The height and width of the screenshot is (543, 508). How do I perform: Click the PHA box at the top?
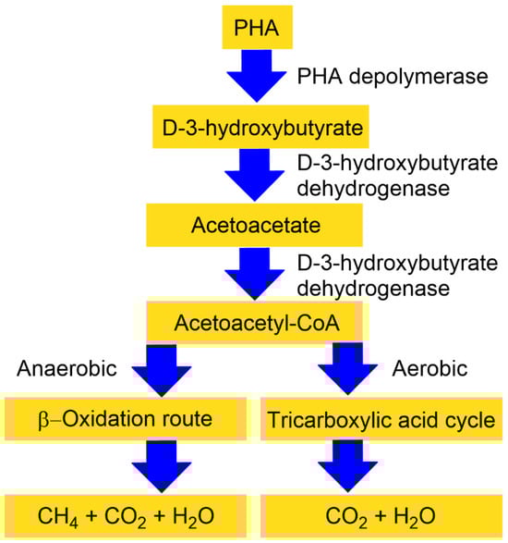click(253, 29)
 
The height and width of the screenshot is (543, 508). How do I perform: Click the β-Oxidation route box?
click(125, 419)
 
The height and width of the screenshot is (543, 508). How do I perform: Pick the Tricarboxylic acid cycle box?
click(382, 419)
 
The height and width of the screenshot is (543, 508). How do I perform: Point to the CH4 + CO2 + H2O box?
click(125, 514)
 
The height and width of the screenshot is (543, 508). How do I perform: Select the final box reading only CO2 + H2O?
click(382, 514)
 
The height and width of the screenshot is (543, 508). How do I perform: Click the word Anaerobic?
click(67, 369)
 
